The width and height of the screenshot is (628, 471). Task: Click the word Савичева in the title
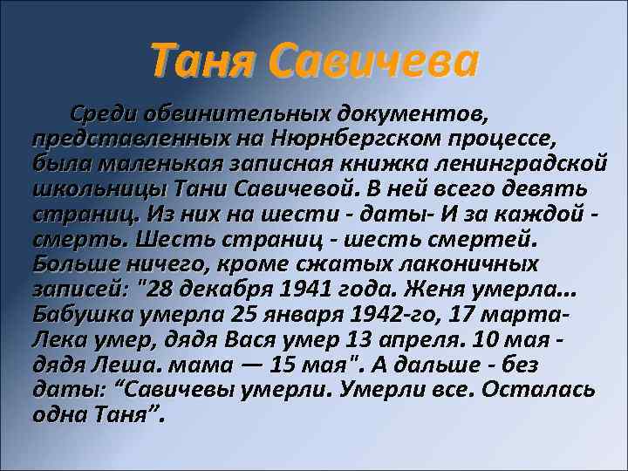pyautogui.click(x=373, y=61)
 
